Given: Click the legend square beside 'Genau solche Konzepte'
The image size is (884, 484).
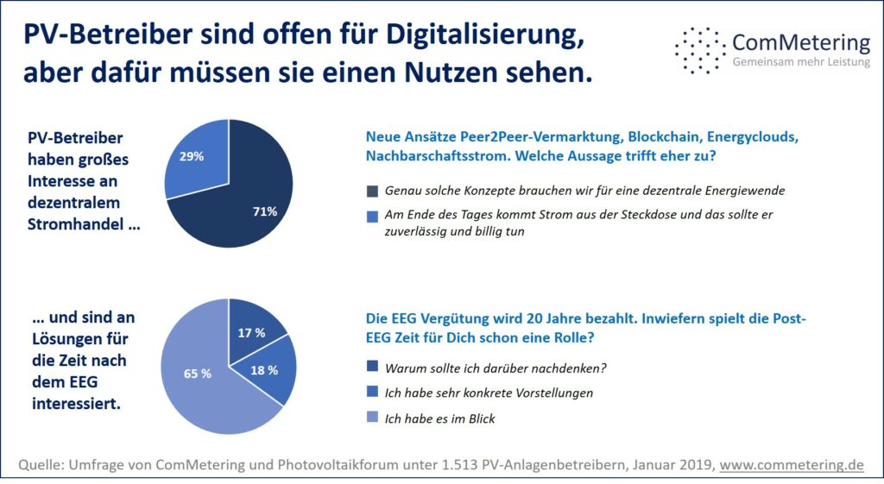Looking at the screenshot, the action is (x=372, y=191).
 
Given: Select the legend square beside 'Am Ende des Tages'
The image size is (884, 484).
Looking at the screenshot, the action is (x=372, y=217).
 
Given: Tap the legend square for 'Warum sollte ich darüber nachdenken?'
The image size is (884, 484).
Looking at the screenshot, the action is (x=372, y=367).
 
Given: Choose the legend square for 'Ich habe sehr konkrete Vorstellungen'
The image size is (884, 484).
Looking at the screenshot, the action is (x=372, y=392).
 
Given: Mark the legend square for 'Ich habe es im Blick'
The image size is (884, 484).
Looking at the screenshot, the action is (x=372, y=417).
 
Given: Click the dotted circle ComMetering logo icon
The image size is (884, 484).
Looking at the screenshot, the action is (x=699, y=51).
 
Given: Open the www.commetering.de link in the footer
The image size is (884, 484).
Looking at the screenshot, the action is (x=792, y=465).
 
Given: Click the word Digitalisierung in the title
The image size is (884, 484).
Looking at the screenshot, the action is (x=483, y=35).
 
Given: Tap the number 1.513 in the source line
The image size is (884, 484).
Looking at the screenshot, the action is (x=455, y=465).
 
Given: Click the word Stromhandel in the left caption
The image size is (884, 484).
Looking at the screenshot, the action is (x=76, y=224).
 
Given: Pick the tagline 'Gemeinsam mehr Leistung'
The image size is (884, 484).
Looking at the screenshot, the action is (x=801, y=62).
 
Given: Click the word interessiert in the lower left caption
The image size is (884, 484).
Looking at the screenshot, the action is (x=76, y=404).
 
